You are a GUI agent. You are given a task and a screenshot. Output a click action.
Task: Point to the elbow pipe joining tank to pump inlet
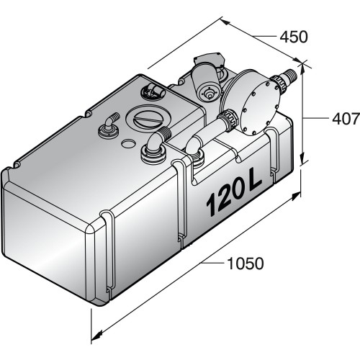click(x=196, y=146)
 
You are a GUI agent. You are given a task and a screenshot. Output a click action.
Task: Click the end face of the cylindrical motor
click(x=208, y=93)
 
